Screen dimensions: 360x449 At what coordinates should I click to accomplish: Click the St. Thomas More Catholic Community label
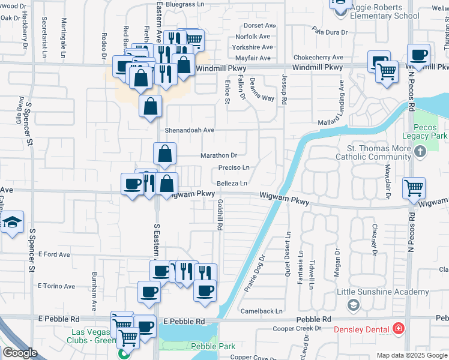point(378,153)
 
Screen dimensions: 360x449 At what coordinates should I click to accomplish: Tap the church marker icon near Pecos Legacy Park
point(420,152)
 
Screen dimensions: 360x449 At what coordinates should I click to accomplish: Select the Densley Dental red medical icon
point(397,329)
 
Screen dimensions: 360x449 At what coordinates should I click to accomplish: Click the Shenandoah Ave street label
point(190,130)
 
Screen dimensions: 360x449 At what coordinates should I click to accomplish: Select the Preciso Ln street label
point(234,167)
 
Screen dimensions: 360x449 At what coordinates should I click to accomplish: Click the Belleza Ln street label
point(232,183)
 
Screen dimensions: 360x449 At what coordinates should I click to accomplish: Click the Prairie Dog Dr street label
point(255,274)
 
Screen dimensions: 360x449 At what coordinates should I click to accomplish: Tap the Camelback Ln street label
point(262,311)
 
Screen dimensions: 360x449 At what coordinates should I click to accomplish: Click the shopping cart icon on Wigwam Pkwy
point(414,188)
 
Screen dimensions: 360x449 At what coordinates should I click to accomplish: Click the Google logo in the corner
point(20,352)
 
